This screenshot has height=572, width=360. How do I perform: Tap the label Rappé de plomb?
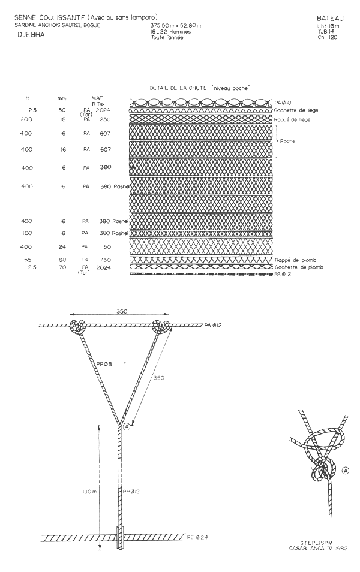click(295, 260)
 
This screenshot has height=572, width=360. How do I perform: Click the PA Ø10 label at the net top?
click(284, 103)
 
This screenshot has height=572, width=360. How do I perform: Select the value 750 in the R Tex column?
click(106, 260)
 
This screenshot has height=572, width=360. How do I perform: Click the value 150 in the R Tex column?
click(106, 246)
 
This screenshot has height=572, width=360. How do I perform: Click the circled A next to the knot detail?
click(345, 471)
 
